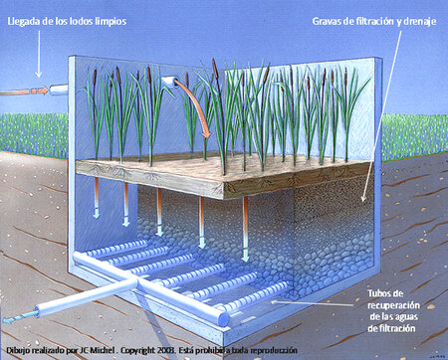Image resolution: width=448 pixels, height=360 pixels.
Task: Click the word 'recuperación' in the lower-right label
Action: [393, 305]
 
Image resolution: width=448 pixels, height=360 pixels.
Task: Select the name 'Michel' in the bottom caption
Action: [105, 350]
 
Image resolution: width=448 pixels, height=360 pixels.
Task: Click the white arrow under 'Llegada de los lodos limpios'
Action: [39, 54]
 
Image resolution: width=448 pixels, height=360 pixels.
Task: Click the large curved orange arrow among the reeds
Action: [196, 105]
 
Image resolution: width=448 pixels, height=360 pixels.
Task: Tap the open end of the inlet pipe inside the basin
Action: [173, 82]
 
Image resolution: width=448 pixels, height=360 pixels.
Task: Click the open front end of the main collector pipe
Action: [223, 319]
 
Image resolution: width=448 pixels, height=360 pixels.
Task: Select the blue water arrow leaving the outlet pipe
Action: [19, 317]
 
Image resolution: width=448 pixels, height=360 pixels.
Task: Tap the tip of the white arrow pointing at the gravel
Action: [362, 201]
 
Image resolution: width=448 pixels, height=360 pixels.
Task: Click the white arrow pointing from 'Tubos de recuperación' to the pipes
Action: [312, 303]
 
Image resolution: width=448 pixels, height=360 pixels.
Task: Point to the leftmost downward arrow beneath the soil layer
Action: [97, 198]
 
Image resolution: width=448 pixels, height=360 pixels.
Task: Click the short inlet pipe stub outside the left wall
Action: [59, 90]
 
